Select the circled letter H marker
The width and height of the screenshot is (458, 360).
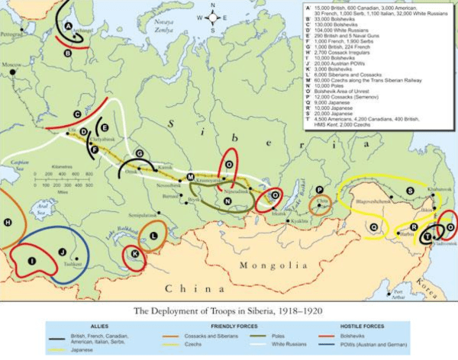point(8,222)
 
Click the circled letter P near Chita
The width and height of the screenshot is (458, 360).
point(319,189)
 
